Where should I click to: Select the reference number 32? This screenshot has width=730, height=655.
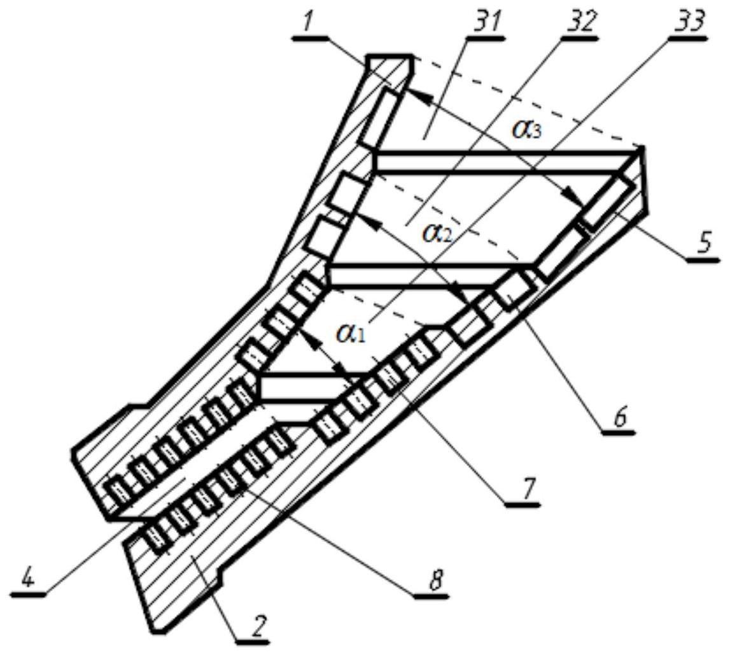click(579, 23)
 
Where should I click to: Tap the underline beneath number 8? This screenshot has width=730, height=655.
click(432, 596)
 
